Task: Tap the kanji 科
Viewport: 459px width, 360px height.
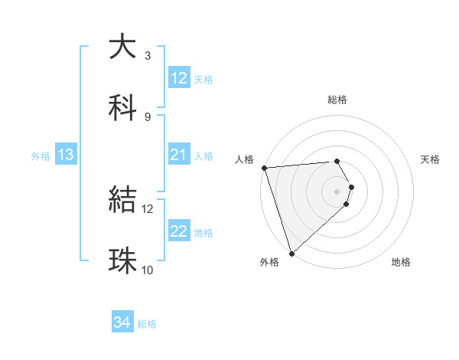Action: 123,107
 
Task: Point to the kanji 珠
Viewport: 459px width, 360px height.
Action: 123,260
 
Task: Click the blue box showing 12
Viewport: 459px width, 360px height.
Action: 178,78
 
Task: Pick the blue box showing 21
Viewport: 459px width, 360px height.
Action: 178,155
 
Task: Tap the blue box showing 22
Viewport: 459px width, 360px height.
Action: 178,232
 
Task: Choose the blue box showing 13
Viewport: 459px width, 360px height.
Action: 66,155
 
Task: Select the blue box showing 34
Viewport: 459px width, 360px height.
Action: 122,323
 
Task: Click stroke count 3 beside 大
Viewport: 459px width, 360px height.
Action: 148,55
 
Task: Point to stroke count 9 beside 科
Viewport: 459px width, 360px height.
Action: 148,116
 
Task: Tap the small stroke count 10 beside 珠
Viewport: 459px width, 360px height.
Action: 147,270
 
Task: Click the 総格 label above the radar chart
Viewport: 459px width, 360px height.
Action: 337,100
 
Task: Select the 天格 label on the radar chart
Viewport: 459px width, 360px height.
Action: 431,159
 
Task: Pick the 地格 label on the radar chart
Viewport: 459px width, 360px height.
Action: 401,263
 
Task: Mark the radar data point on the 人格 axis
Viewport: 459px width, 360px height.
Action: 263,168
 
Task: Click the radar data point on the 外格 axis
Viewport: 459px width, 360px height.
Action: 291,253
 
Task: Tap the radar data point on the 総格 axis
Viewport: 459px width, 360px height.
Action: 337,161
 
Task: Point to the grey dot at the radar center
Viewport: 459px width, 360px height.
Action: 337,191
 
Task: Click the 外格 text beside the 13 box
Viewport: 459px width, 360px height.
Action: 41,156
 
